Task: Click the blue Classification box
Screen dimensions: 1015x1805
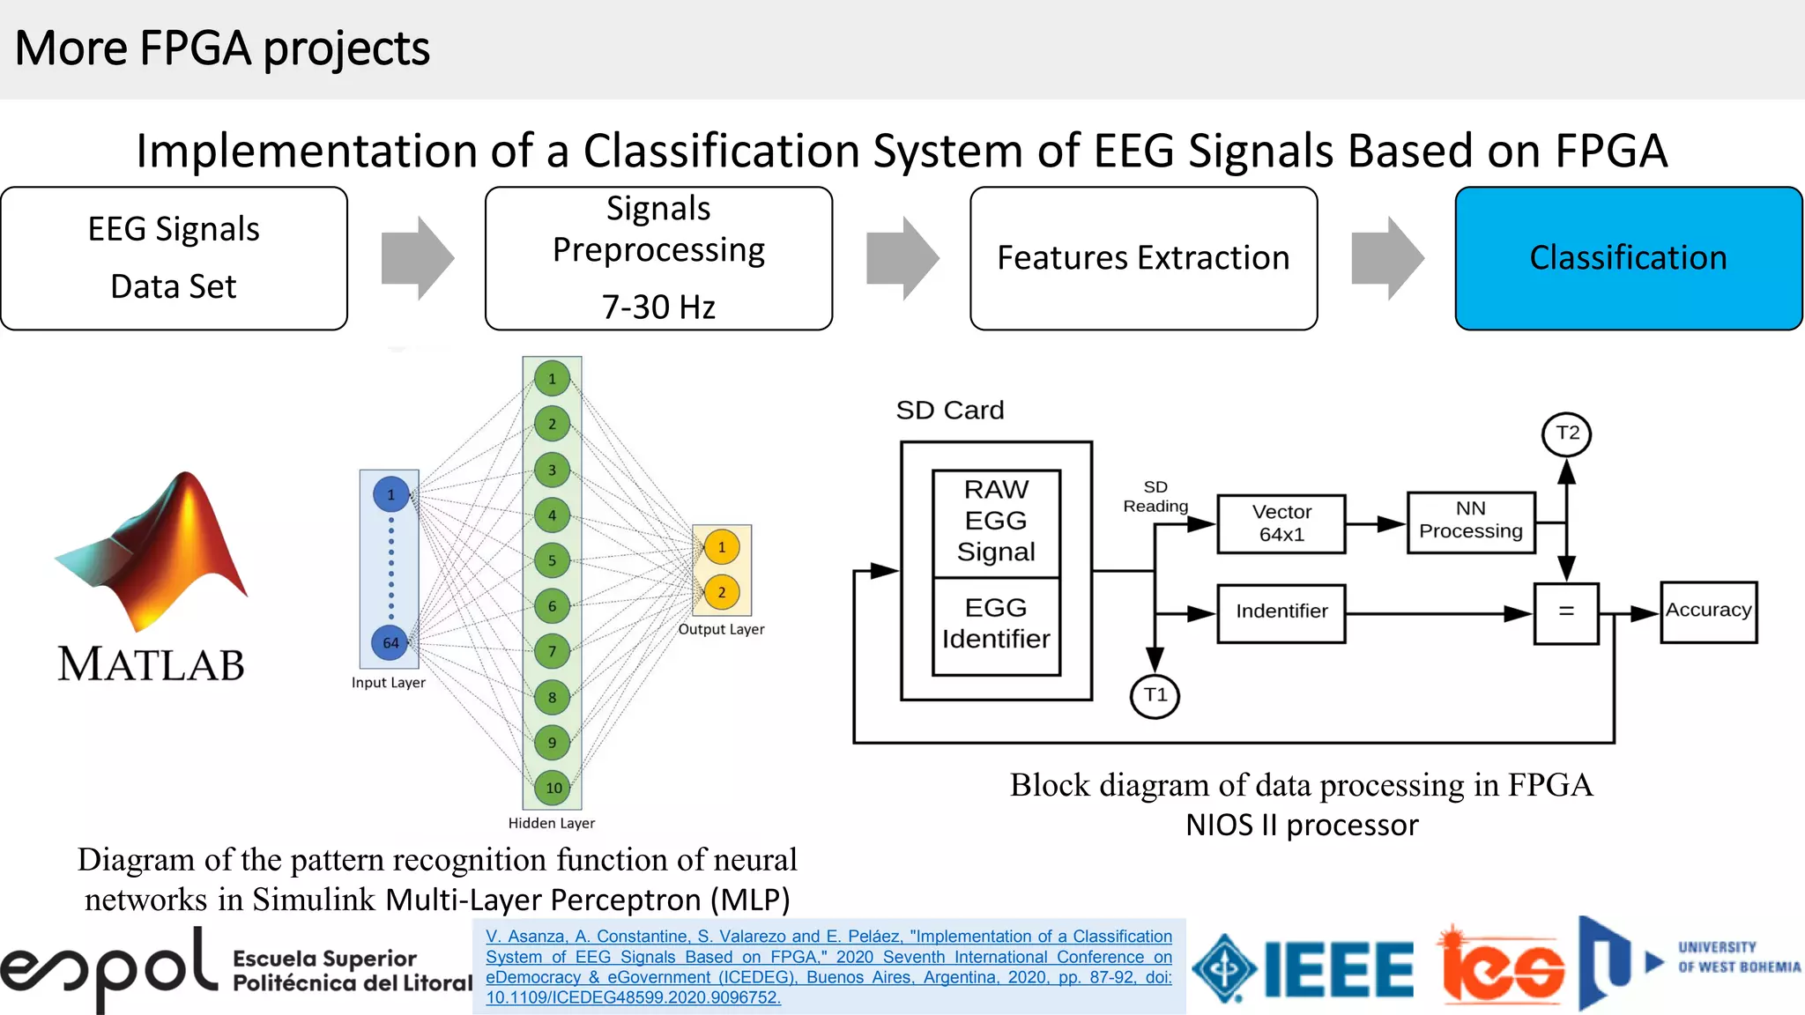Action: tap(1628, 258)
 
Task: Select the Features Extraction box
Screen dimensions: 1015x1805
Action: tap(1143, 258)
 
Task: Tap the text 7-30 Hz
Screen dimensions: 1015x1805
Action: tap(658, 307)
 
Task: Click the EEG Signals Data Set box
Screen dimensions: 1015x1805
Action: tap(174, 258)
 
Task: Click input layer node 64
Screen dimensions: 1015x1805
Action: tap(390, 642)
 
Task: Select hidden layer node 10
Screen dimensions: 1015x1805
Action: tap(553, 788)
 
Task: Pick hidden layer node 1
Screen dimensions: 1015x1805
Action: tap(552, 379)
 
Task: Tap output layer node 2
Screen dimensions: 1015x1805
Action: tap(721, 592)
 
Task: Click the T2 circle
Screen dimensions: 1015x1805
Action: tap(1566, 433)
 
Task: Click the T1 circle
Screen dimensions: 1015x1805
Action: tap(1155, 695)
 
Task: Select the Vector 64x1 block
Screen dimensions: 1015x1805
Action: tap(1281, 523)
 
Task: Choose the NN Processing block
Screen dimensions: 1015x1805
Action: tap(1470, 522)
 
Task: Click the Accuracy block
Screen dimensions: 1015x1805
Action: tap(1708, 611)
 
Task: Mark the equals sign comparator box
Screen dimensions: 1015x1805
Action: tap(1565, 612)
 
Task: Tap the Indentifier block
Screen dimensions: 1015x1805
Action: tap(1281, 612)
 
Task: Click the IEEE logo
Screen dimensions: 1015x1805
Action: tap(1304, 969)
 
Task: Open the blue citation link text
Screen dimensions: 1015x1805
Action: tap(828, 967)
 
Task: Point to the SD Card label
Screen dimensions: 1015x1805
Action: tap(949, 411)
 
